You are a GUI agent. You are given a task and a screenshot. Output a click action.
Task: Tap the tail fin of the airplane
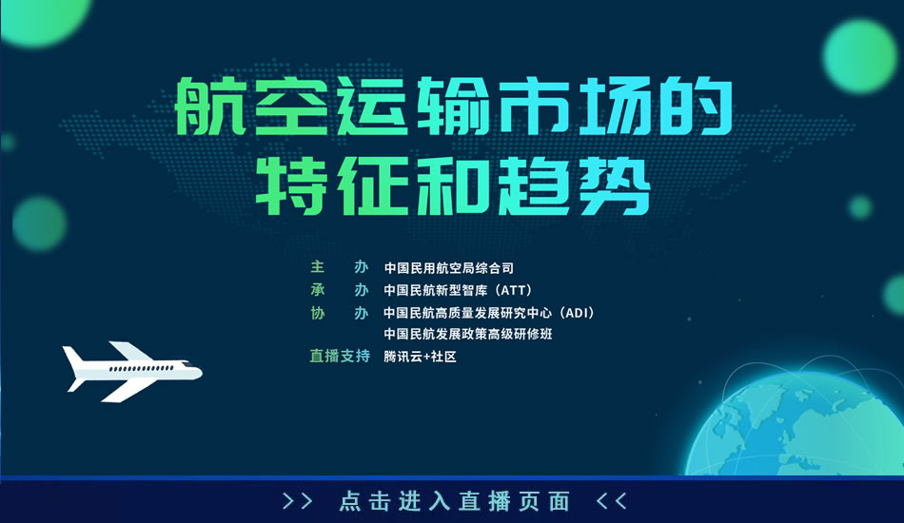(75, 358)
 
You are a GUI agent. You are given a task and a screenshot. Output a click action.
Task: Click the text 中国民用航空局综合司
(448, 268)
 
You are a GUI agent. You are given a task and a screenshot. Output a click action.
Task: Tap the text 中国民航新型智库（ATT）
(458, 290)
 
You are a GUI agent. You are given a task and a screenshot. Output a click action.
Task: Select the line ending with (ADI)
(489, 313)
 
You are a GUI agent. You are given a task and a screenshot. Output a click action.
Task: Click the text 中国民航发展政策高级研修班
(468, 334)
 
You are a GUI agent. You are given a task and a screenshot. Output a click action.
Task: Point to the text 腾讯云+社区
(421, 357)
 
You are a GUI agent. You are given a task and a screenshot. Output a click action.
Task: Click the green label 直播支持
(340, 356)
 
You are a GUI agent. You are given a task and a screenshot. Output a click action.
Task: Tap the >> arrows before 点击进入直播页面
(298, 501)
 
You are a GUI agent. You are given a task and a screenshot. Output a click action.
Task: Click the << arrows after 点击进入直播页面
(611, 501)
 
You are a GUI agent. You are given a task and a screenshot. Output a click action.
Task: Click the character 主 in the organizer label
(318, 267)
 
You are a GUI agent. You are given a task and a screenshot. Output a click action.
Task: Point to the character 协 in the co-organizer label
(318, 313)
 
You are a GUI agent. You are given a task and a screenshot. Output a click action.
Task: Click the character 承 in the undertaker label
(318, 290)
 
